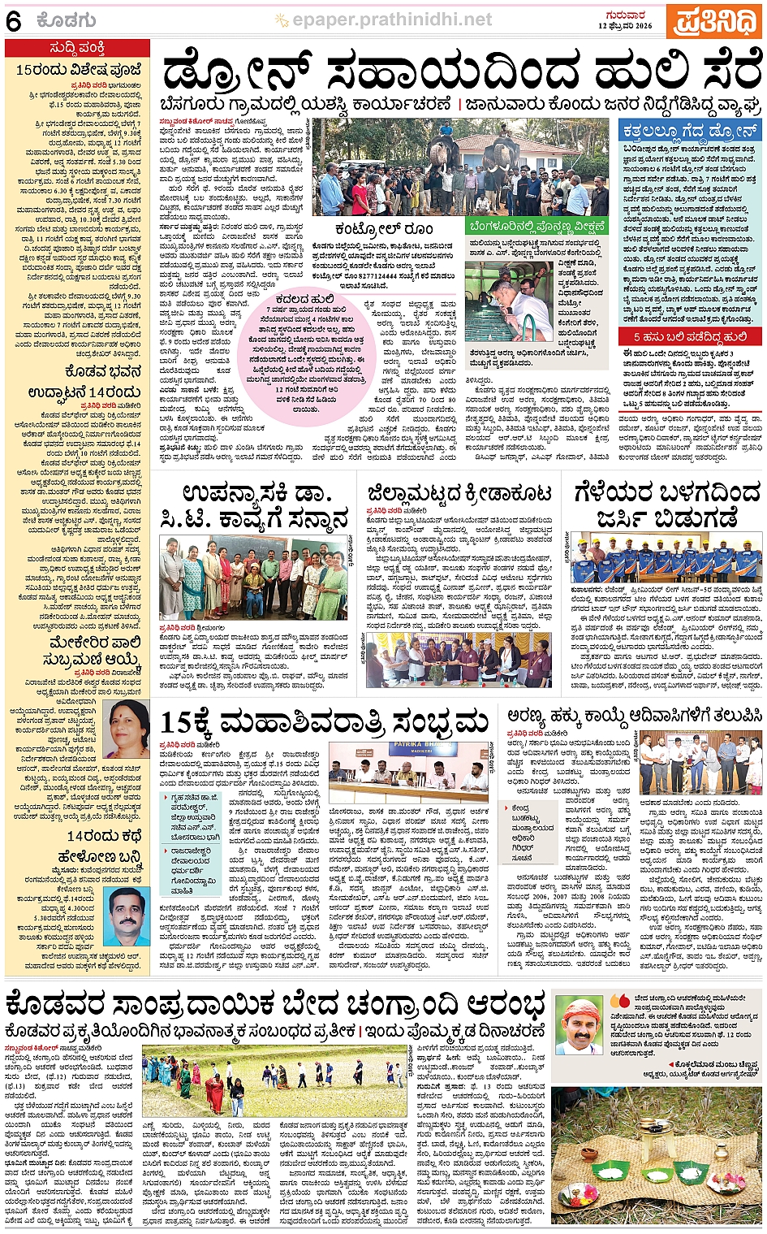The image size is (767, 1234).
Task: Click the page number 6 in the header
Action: pyautogui.click(x=13, y=21)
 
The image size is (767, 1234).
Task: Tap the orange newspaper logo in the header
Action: pyautogui.click(x=713, y=21)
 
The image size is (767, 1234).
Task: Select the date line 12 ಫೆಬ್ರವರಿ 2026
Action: pyautogui.click(x=625, y=26)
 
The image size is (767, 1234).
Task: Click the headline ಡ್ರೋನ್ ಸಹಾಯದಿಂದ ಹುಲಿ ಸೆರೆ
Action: pyautogui.click(x=459, y=75)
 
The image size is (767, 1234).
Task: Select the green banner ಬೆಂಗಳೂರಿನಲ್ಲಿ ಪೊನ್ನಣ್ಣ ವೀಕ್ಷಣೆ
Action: pyautogui.click(x=538, y=226)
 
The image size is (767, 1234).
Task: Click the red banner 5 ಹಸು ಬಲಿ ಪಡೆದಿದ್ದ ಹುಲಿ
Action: pyautogui.click(x=690, y=336)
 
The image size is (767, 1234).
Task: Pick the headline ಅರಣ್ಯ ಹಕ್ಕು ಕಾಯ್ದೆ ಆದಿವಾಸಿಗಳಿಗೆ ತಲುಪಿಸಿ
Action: pyautogui.click(x=634, y=716)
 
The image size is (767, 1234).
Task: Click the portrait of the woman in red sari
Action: pyautogui.click(x=127, y=730)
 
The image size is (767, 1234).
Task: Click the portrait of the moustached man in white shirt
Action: pyautogui.click(x=127, y=916)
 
